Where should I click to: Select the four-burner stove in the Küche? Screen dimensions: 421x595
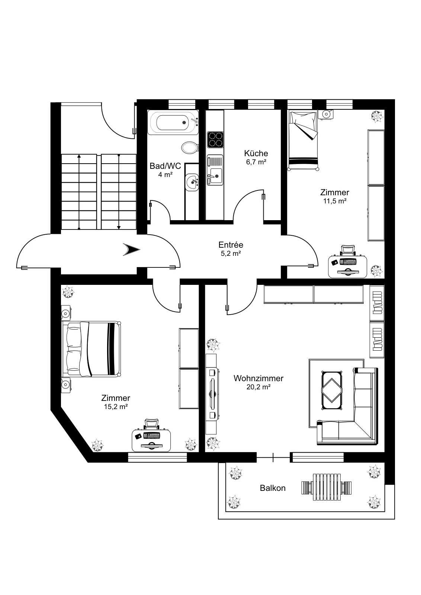pos(215,140)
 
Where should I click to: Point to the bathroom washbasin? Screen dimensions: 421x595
pos(192,182)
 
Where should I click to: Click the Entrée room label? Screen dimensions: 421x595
pos(231,245)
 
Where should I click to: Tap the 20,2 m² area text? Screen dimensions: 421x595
pos(258,387)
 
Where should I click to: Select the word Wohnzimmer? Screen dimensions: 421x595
pos(258,378)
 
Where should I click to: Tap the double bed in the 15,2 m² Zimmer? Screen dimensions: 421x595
pos(91,349)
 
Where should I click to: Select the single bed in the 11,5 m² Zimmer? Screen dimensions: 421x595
pos(303,141)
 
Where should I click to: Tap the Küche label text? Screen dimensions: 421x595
pos(256,153)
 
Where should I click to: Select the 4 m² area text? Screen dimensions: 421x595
pos(165,174)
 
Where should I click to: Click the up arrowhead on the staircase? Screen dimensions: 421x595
pos(79,156)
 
